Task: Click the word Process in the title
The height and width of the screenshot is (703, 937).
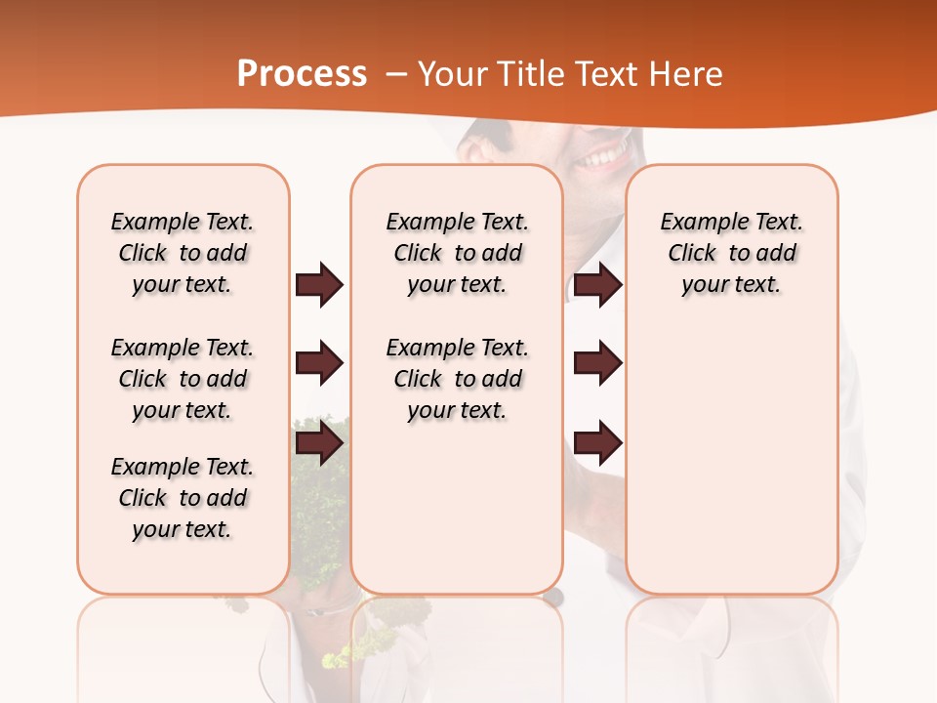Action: click(302, 74)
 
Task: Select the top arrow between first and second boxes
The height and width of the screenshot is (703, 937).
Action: click(319, 284)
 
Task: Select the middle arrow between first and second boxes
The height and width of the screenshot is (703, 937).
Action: click(319, 363)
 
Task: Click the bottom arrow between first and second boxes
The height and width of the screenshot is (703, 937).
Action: click(319, 444)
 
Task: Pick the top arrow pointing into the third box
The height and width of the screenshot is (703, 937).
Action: click(597, 284)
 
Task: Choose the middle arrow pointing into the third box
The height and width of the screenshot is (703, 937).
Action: click(597, 363)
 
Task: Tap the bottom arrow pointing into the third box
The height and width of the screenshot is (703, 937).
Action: click(597, 444)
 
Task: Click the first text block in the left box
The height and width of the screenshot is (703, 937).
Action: click(183, 253)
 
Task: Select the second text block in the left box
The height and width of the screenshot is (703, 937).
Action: click(183, 379)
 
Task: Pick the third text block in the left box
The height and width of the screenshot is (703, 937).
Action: click(183, 498)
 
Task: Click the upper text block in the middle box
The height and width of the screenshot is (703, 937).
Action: click(457, 253)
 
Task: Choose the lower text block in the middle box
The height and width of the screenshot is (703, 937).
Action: click(457, 379)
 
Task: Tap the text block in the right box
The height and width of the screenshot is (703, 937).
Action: click(731, 253)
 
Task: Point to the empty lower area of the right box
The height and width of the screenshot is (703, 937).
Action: click(731, 469)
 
